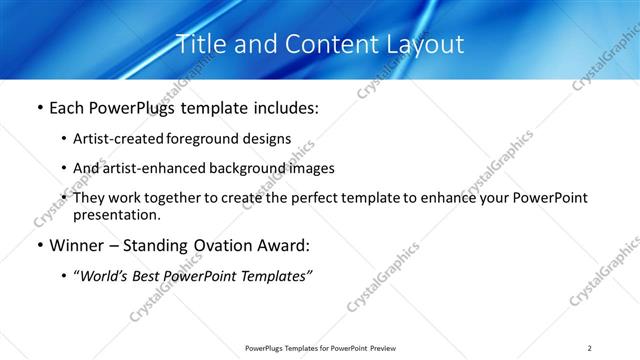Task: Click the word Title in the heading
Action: pos(200,44)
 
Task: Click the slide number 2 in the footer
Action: pos(590,348)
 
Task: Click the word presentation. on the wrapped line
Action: pos(116,214)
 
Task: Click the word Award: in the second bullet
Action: pos(290,245)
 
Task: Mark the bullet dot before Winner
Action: pos(39,246)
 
